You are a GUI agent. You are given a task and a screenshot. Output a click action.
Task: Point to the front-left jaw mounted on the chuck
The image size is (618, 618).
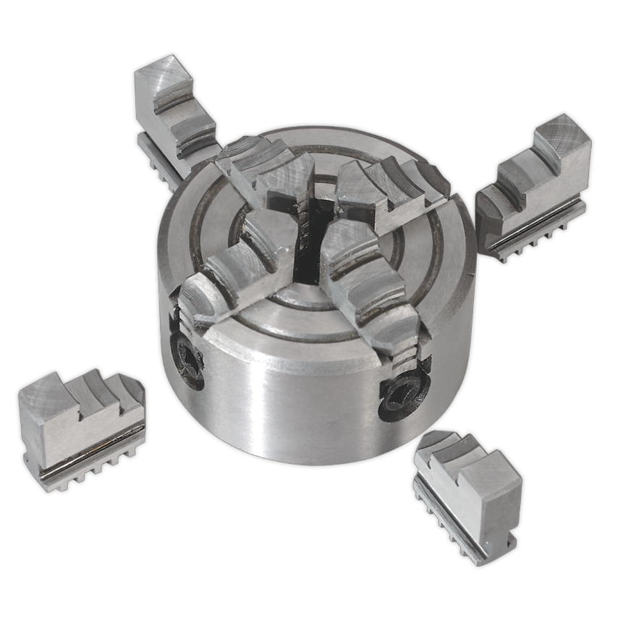point(232,268)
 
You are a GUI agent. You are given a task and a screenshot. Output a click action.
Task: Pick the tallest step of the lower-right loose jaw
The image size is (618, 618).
point(492,481)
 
